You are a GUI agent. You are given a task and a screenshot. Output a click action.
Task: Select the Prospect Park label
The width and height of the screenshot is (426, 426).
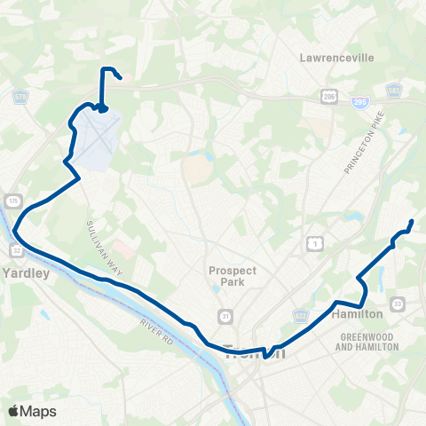233,276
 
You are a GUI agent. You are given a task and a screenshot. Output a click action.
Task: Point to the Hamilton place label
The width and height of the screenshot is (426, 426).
357,314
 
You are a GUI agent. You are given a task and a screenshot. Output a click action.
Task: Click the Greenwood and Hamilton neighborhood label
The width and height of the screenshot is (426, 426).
367,341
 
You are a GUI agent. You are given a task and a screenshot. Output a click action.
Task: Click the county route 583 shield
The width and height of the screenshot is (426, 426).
393,91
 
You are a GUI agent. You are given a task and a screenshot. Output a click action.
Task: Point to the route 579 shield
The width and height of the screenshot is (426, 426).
20,96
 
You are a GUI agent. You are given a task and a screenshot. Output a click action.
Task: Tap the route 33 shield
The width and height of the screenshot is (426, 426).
398,304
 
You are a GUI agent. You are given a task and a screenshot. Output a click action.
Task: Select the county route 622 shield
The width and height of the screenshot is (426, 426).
300,316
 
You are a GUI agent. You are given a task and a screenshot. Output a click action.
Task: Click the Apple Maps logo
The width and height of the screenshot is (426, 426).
32,411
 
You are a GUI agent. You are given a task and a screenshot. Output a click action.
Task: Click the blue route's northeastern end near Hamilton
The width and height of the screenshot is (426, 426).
412,221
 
